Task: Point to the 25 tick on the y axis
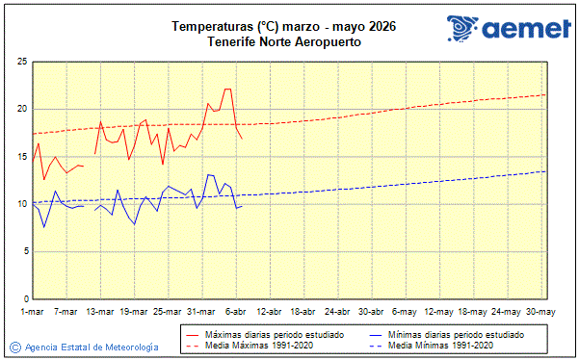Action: pyautogui.click(x=20, y=62)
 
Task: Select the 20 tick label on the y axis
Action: pyautogui.click(x=20, y=109)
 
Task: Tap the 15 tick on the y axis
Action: pyautogui.click(x=20, y=156)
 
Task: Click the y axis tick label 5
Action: pyautogui.click(x=23, y=251)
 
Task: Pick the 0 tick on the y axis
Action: pyautogui.click(x=23, y=298)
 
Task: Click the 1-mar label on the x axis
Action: pyautogui.click(x=33, y=311)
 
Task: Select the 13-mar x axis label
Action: pyautogui.click(x=100, y=311)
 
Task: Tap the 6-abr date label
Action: pyautogui.click(x=236, y=311)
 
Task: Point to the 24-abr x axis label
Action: pyautogui.click(x=337, y=311)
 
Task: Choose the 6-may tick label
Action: pyautogui.click(x=405, y=311)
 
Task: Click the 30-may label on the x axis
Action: pyautogui.click(x=540, y=311)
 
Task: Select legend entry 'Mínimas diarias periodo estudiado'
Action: pyautogui.click(x=456, y=334)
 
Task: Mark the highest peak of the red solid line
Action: pyautogui.click(x=228, y=89)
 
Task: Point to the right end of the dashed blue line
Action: pyautogui.click(x=545, y=171)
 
